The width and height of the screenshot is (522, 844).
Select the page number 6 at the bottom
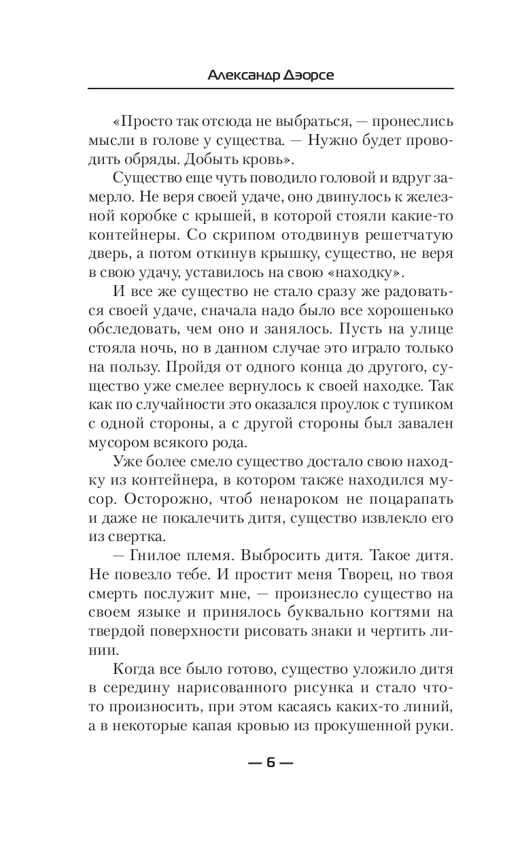(x=271, y=762)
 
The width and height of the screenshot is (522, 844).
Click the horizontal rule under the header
(x=271, y=88)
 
